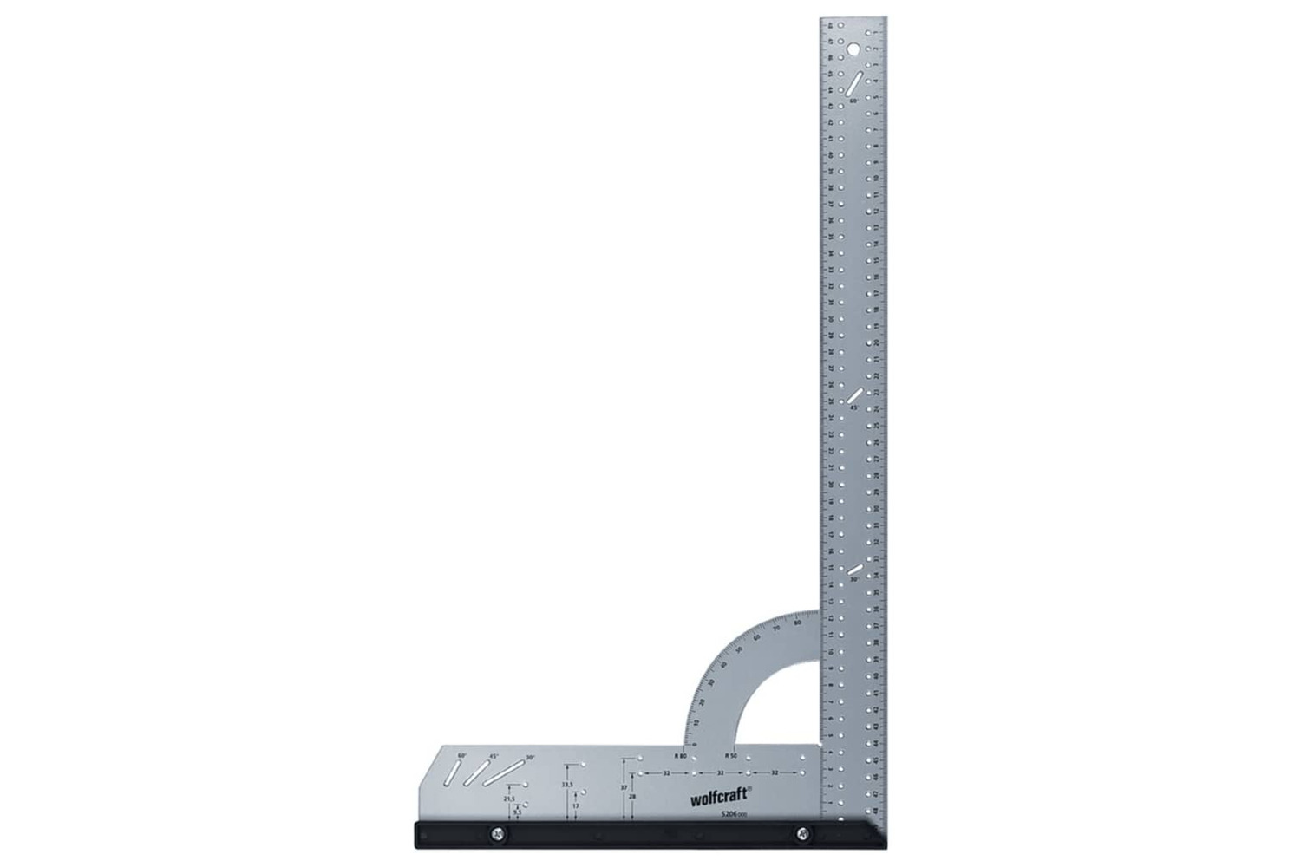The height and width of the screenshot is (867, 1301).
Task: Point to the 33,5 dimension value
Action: (x=568, y=785)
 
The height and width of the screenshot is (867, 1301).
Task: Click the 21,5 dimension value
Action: (x=509, y=799)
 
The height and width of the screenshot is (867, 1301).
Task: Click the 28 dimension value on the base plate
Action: (x=632, y=796)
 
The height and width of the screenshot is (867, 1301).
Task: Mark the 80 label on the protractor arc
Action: (x=796, y=622)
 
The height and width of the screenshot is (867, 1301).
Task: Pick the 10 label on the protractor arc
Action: (x=694, y=720)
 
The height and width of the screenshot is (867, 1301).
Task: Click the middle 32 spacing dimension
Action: (x=719, y=772)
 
